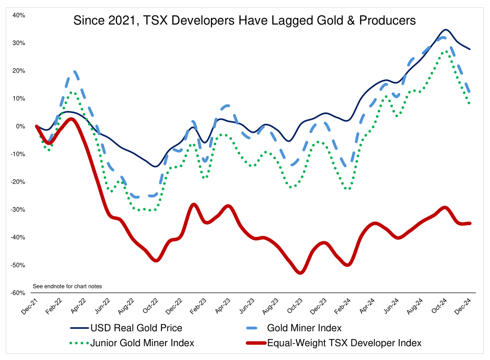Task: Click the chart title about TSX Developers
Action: click(245, 21)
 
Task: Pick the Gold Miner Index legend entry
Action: click(304, 328)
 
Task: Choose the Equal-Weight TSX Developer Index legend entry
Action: click(344, 343)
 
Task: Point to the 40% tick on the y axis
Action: click(19, 15)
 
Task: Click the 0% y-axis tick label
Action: click(21, 126)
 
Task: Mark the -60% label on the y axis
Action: click(18, 293)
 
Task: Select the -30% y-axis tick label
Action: click(18, 210)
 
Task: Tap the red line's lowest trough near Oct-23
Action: click(300, 273)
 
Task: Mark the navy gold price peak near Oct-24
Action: click(446, 30)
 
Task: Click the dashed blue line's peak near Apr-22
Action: click(75, 72)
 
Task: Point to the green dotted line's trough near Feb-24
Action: click(348, 189)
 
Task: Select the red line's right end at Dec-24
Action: click(470, 223)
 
